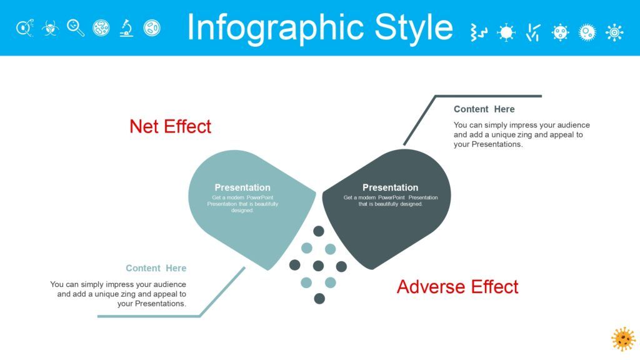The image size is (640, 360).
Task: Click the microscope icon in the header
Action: pos(126,28)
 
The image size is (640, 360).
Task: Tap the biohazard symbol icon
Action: pos(50,28)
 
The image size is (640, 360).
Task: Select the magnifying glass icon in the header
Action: pos(76,28)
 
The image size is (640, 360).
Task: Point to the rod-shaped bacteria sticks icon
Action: pos(533,32)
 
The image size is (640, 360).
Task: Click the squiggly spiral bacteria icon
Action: pos(479,32)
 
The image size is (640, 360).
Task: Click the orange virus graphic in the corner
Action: pos(623,339)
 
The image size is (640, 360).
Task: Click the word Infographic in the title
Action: pos(276,28)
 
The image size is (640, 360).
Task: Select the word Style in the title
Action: pos(414,27)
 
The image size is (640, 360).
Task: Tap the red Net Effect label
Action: pos(170,126)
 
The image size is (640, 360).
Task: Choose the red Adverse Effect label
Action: pos(457,286)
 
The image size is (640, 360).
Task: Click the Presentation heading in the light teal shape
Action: pos(242,187)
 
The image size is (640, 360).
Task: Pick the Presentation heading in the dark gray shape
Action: pos(390,187)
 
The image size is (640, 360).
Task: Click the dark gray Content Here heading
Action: pos(484,109)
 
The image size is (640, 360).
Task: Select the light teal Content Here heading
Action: pos(156,268)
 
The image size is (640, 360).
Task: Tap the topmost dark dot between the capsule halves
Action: pos(319,231)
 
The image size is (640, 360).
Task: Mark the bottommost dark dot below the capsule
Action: pos(319,298)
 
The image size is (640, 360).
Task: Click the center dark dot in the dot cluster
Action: pos(318,266)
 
